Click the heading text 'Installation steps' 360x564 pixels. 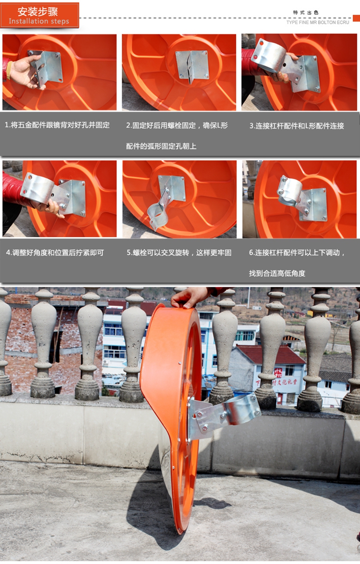[39, 21]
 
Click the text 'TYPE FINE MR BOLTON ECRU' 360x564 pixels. [317, 22]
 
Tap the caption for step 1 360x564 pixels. [57, 125]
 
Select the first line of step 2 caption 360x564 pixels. [177, 125]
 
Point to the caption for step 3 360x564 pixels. [297, 126]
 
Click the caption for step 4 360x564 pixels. [55, 253]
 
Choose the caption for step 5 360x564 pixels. [179, 253]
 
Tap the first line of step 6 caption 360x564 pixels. [297, 253]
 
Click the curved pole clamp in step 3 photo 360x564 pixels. [269, 56]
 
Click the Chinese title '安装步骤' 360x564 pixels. [38, 11]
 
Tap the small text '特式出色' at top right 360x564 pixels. [306, 13]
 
